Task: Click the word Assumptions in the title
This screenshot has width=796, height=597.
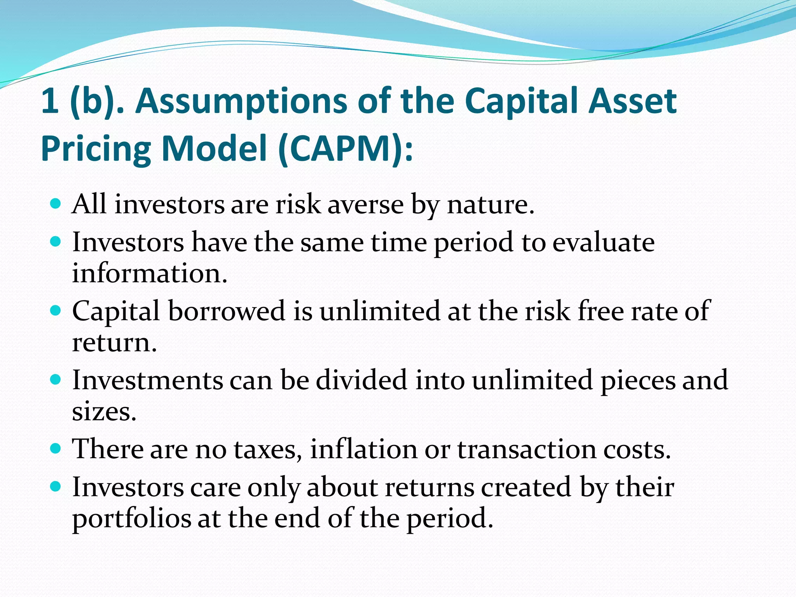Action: (241, 102)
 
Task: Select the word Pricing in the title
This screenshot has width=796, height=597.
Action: (96, 149)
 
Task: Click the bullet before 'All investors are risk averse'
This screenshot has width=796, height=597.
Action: (56, 203)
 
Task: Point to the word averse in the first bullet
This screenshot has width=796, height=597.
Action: (365, 204)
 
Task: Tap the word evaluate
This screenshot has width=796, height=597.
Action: (603, 243)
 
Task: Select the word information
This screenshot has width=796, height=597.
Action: (149, 273)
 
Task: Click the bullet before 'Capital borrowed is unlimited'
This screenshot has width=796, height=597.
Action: (56, 311)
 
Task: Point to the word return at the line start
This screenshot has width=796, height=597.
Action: (114, 343)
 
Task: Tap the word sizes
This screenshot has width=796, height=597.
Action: (104, 412)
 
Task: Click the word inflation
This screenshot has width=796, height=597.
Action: (364, 449)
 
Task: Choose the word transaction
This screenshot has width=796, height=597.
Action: (527, 449)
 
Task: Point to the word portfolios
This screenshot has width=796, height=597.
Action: (131, 519)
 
